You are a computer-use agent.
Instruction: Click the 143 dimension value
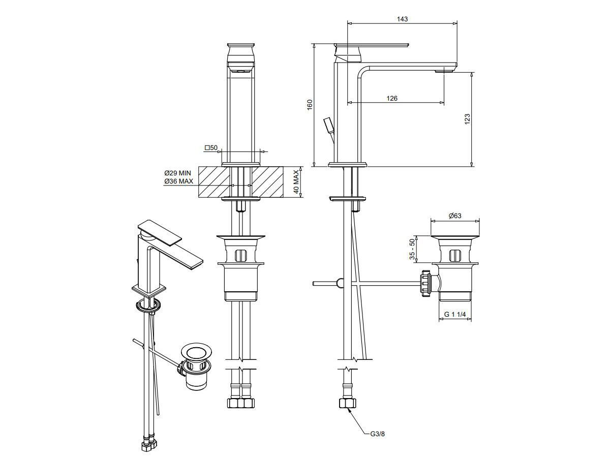[x=403, y=19]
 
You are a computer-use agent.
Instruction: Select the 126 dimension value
[x=392, y=99]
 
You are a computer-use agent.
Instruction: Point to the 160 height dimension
[x=310, y=105]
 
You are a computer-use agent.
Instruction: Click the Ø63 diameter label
[x=455, y=216]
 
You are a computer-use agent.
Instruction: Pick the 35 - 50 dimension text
[x=412, y=249]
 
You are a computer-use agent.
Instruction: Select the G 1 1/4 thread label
[x=455, y=315]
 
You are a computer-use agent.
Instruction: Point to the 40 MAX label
[x=296, y=181]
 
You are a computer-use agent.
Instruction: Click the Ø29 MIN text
[x=177, y=173]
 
